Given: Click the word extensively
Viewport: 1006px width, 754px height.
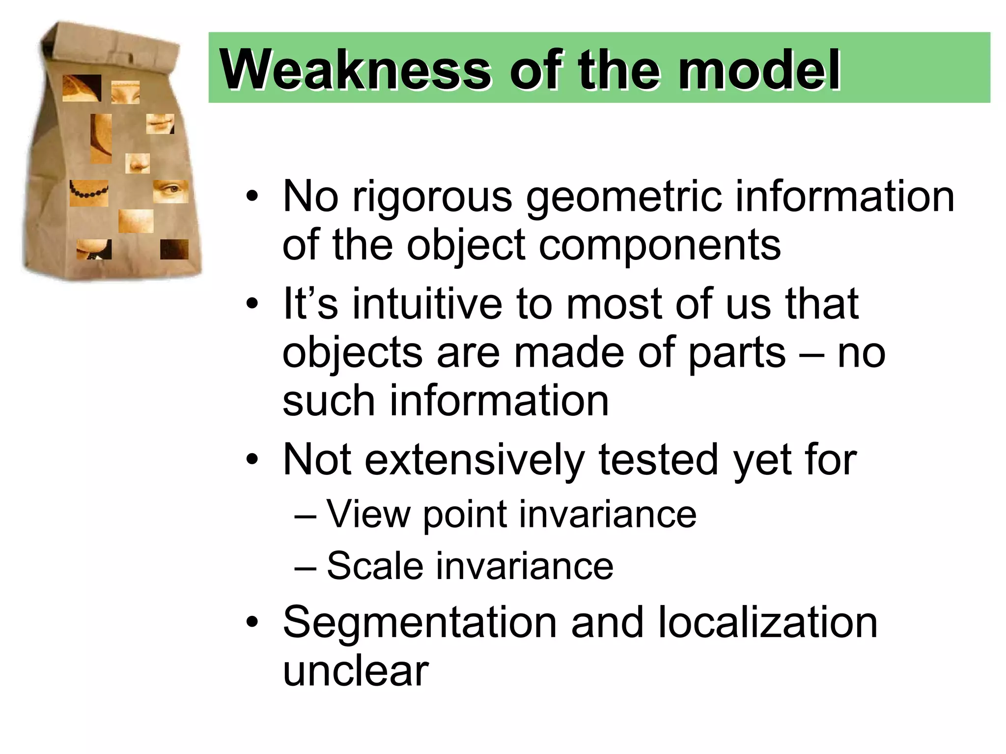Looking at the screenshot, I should (475, 460).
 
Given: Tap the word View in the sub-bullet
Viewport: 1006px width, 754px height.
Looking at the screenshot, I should (368, 514).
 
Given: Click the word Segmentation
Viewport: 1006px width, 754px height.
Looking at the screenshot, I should (420, 623).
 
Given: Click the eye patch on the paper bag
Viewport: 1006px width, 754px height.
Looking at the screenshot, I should (170, 191).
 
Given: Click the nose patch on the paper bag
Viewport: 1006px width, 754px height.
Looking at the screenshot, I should (138, 163).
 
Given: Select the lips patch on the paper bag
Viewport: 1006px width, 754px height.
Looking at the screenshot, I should (160, 123).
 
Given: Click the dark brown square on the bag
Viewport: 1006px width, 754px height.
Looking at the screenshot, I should (174, 249).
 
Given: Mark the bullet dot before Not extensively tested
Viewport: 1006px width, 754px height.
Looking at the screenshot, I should (252, 460).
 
